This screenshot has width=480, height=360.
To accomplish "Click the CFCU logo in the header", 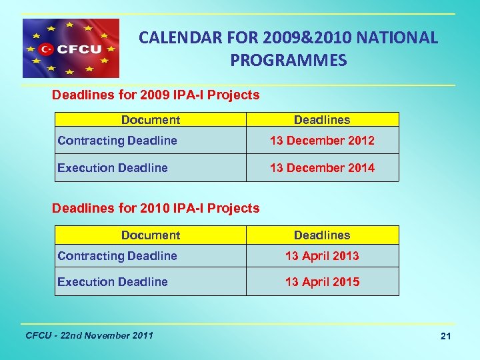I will pyautogui.click(x=71, y=49).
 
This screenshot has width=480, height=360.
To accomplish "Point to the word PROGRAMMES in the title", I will pyautogui.click(x=288, y=61).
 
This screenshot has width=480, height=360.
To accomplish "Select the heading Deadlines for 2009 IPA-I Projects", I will pyautogui.click(x=155, y=95).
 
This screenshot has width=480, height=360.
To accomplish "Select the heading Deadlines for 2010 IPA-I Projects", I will pyautogui.click(x=155, y=208).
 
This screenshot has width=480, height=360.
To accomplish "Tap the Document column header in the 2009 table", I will pyautogui.click(x=150, y=120).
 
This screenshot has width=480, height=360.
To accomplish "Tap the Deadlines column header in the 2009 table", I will pyautogui.click(x=322, y=120).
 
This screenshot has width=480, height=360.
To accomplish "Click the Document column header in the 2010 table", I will pyautogui.click(x=150, y=235).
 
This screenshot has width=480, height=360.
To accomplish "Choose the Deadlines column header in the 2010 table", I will pyautogui.click(x=322, y=235).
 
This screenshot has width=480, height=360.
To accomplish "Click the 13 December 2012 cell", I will pyautogui.click(x=322, y=141).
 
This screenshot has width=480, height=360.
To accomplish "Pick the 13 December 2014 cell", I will pyautogui.click(x=322, y=168).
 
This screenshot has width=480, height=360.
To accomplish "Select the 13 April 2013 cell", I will pyautogui.click(x=322, y=256).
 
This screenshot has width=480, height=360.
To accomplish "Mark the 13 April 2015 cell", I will pyautogui.click(x=322, y=282).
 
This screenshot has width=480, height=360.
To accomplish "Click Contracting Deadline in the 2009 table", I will pyautogui.click(x=117, y=141).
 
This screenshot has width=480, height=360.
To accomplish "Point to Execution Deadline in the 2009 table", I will pyautogui.click(x=113, y=168).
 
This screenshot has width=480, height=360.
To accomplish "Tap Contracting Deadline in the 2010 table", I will pyautogui.click(x=117, y=256).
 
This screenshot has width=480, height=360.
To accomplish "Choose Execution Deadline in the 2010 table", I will pyautogui.click(x=113, y=282).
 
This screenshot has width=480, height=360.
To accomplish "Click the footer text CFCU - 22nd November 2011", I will pyautogui.click(x=89, y=335).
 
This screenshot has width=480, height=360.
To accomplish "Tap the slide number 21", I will pyautogui.click(x=445, y=337).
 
